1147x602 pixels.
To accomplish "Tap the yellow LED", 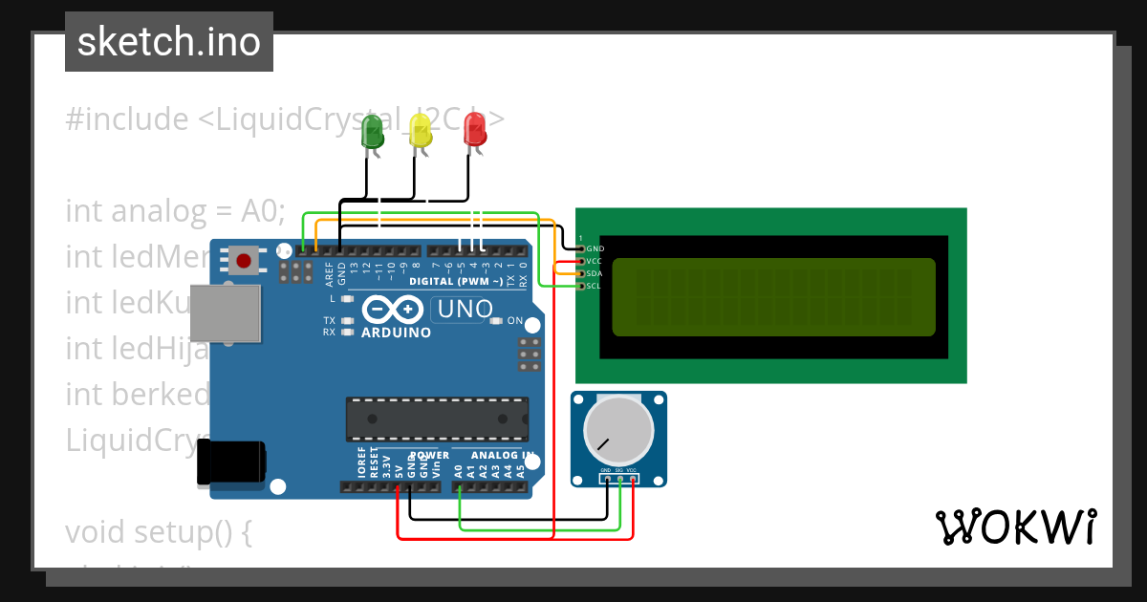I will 421,130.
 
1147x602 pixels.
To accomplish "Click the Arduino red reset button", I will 244,260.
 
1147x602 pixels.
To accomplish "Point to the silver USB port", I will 226,312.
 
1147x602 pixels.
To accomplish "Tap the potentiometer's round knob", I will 618,432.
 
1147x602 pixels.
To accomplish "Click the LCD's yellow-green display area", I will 773,297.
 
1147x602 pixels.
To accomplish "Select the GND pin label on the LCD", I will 595,248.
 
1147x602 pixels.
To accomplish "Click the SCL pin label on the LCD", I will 595,286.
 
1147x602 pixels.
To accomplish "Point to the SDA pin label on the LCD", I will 595,273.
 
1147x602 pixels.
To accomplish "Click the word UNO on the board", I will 464,309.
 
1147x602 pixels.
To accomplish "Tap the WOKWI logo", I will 1016,527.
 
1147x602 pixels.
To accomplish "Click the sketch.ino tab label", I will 169,42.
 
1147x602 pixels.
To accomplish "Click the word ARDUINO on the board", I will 396,333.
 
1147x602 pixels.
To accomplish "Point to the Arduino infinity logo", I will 393,310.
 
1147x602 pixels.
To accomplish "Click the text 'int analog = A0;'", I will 176,210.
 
